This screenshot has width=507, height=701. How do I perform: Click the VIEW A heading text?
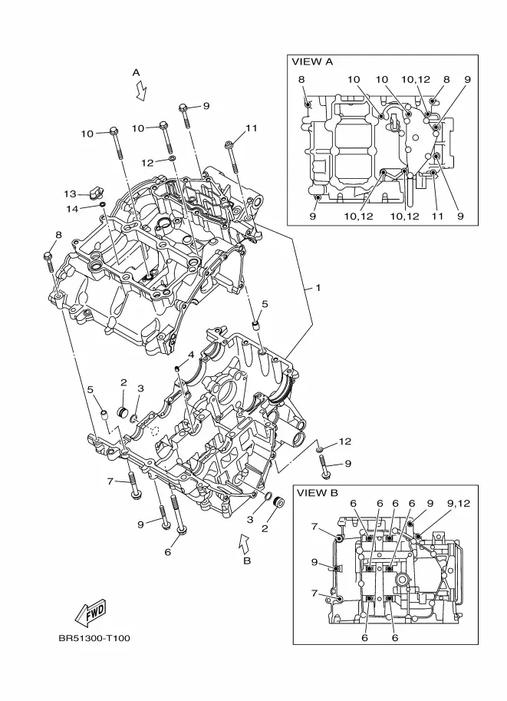312,61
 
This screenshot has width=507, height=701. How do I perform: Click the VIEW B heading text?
318,493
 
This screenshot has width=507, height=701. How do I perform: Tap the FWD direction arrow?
91,611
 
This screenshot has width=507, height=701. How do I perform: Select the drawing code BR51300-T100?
94,638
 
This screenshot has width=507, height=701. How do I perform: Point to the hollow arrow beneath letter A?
142,91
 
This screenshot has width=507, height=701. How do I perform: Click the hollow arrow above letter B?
245,543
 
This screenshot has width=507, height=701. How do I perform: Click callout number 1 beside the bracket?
318,288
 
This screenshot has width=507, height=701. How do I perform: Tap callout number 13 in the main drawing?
70,194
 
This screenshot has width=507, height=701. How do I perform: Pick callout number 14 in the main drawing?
72,209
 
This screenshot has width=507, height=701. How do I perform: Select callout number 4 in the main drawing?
191,355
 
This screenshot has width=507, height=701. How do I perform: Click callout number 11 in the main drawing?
252,128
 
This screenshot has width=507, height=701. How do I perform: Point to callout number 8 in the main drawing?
58,235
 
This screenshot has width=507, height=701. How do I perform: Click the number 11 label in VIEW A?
437,216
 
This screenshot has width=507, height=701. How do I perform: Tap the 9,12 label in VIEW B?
459,504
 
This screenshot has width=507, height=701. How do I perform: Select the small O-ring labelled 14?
103,205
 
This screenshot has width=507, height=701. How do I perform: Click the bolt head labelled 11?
229,144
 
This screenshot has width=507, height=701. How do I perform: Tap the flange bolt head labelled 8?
48,256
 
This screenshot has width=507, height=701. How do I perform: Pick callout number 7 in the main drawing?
110,481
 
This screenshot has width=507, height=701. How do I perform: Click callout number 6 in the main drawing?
167,552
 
